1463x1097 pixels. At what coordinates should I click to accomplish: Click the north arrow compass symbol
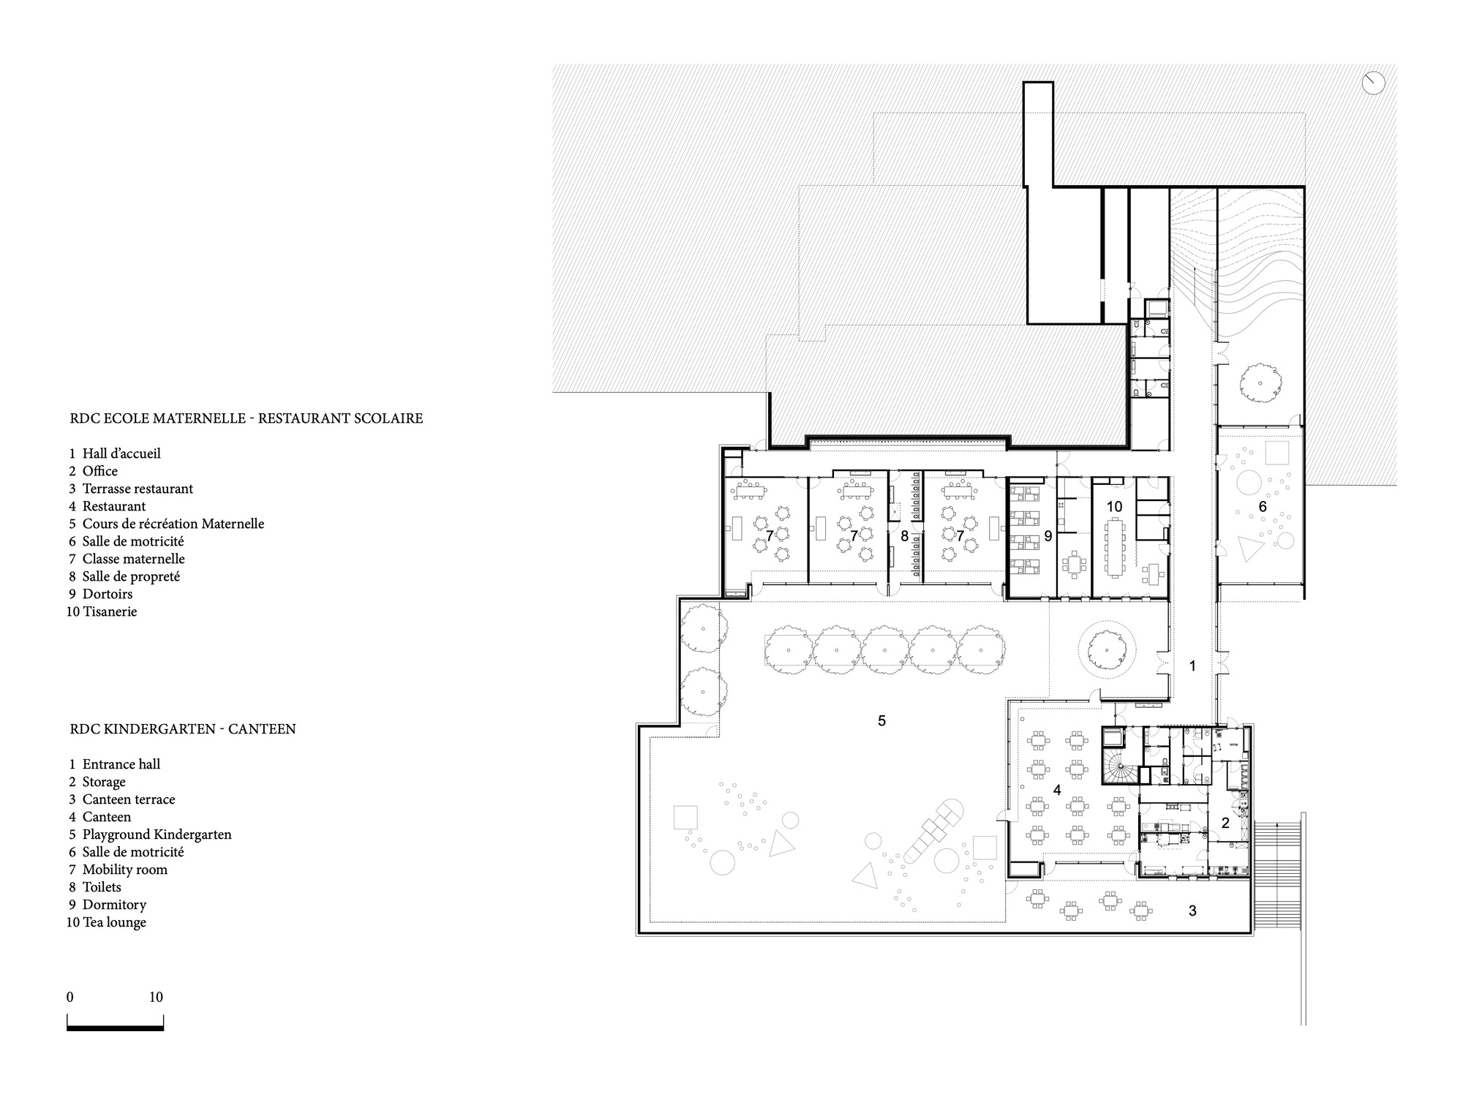click(x=1374, y=83)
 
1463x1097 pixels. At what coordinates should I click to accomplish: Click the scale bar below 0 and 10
click(x=115, y=1028)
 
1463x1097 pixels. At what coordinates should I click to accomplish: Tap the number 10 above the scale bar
click(x=156, y=997)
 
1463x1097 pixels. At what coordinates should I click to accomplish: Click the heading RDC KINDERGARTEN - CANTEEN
click(x=183, y=729)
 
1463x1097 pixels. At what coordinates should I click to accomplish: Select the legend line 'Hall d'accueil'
click(x=121, y=453)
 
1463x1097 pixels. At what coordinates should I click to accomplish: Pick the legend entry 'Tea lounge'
click(x=114, y=922)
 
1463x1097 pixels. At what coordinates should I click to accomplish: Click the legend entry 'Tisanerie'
click(x=110, y=611)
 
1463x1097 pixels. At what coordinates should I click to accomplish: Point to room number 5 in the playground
click(x=881, y=721)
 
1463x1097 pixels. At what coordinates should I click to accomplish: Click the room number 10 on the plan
click(x=1114, y=506)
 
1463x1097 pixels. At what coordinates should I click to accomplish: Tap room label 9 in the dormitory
click(x=1048, y=537)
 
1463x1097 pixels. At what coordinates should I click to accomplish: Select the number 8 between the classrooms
click(x=904, y=537)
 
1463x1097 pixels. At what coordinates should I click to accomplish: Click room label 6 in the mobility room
click(x=1263, y=506)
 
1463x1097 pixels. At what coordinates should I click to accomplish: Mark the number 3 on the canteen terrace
click(x=1192, y=911)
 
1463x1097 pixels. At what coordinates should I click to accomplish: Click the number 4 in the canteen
click(x=1056, y=791)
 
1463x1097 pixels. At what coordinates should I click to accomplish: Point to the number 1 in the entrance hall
click(x=1192, y=666)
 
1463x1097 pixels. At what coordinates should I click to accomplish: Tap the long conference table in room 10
click(x=1114, y=546)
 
